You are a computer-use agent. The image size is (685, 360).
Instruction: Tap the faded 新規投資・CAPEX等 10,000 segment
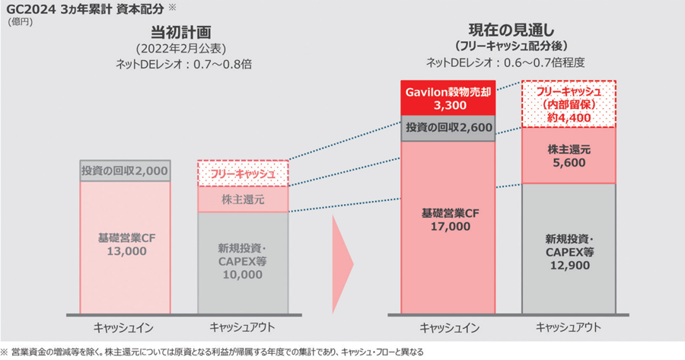[x=243, y=262]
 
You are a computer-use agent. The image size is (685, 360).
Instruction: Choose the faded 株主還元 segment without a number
[x=243, y=199]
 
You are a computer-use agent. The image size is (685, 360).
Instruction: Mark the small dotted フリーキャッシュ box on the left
[x=243, y=174]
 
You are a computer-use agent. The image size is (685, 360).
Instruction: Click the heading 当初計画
[x=180, y=33]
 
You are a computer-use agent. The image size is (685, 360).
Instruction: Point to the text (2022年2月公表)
[x=180, y=49]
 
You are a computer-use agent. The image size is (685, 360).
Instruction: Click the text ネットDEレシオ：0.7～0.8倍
[x=180, y=65]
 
